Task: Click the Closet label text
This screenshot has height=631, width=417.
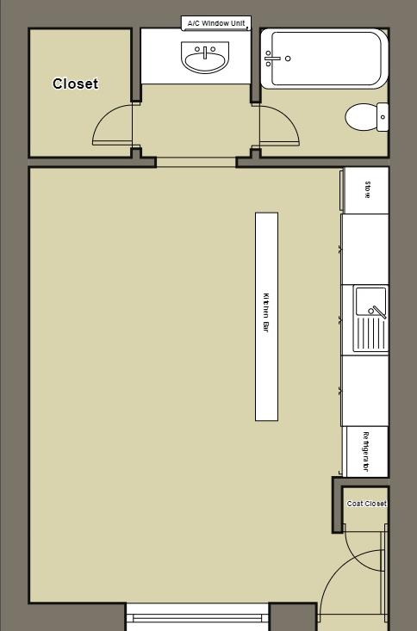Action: coord(75,84)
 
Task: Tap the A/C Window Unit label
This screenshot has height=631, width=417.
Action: coord(216,23)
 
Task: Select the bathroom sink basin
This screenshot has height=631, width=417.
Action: coord(205,59)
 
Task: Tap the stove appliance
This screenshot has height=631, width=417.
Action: coord(366,190)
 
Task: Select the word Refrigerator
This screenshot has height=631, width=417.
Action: coord(366,452)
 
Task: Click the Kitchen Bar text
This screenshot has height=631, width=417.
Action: coord(266,313)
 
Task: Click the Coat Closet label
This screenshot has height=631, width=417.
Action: coord(366,504)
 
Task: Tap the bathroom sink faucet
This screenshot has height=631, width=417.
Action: coord(205,49)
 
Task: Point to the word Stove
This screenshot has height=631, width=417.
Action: coord(368,189)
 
